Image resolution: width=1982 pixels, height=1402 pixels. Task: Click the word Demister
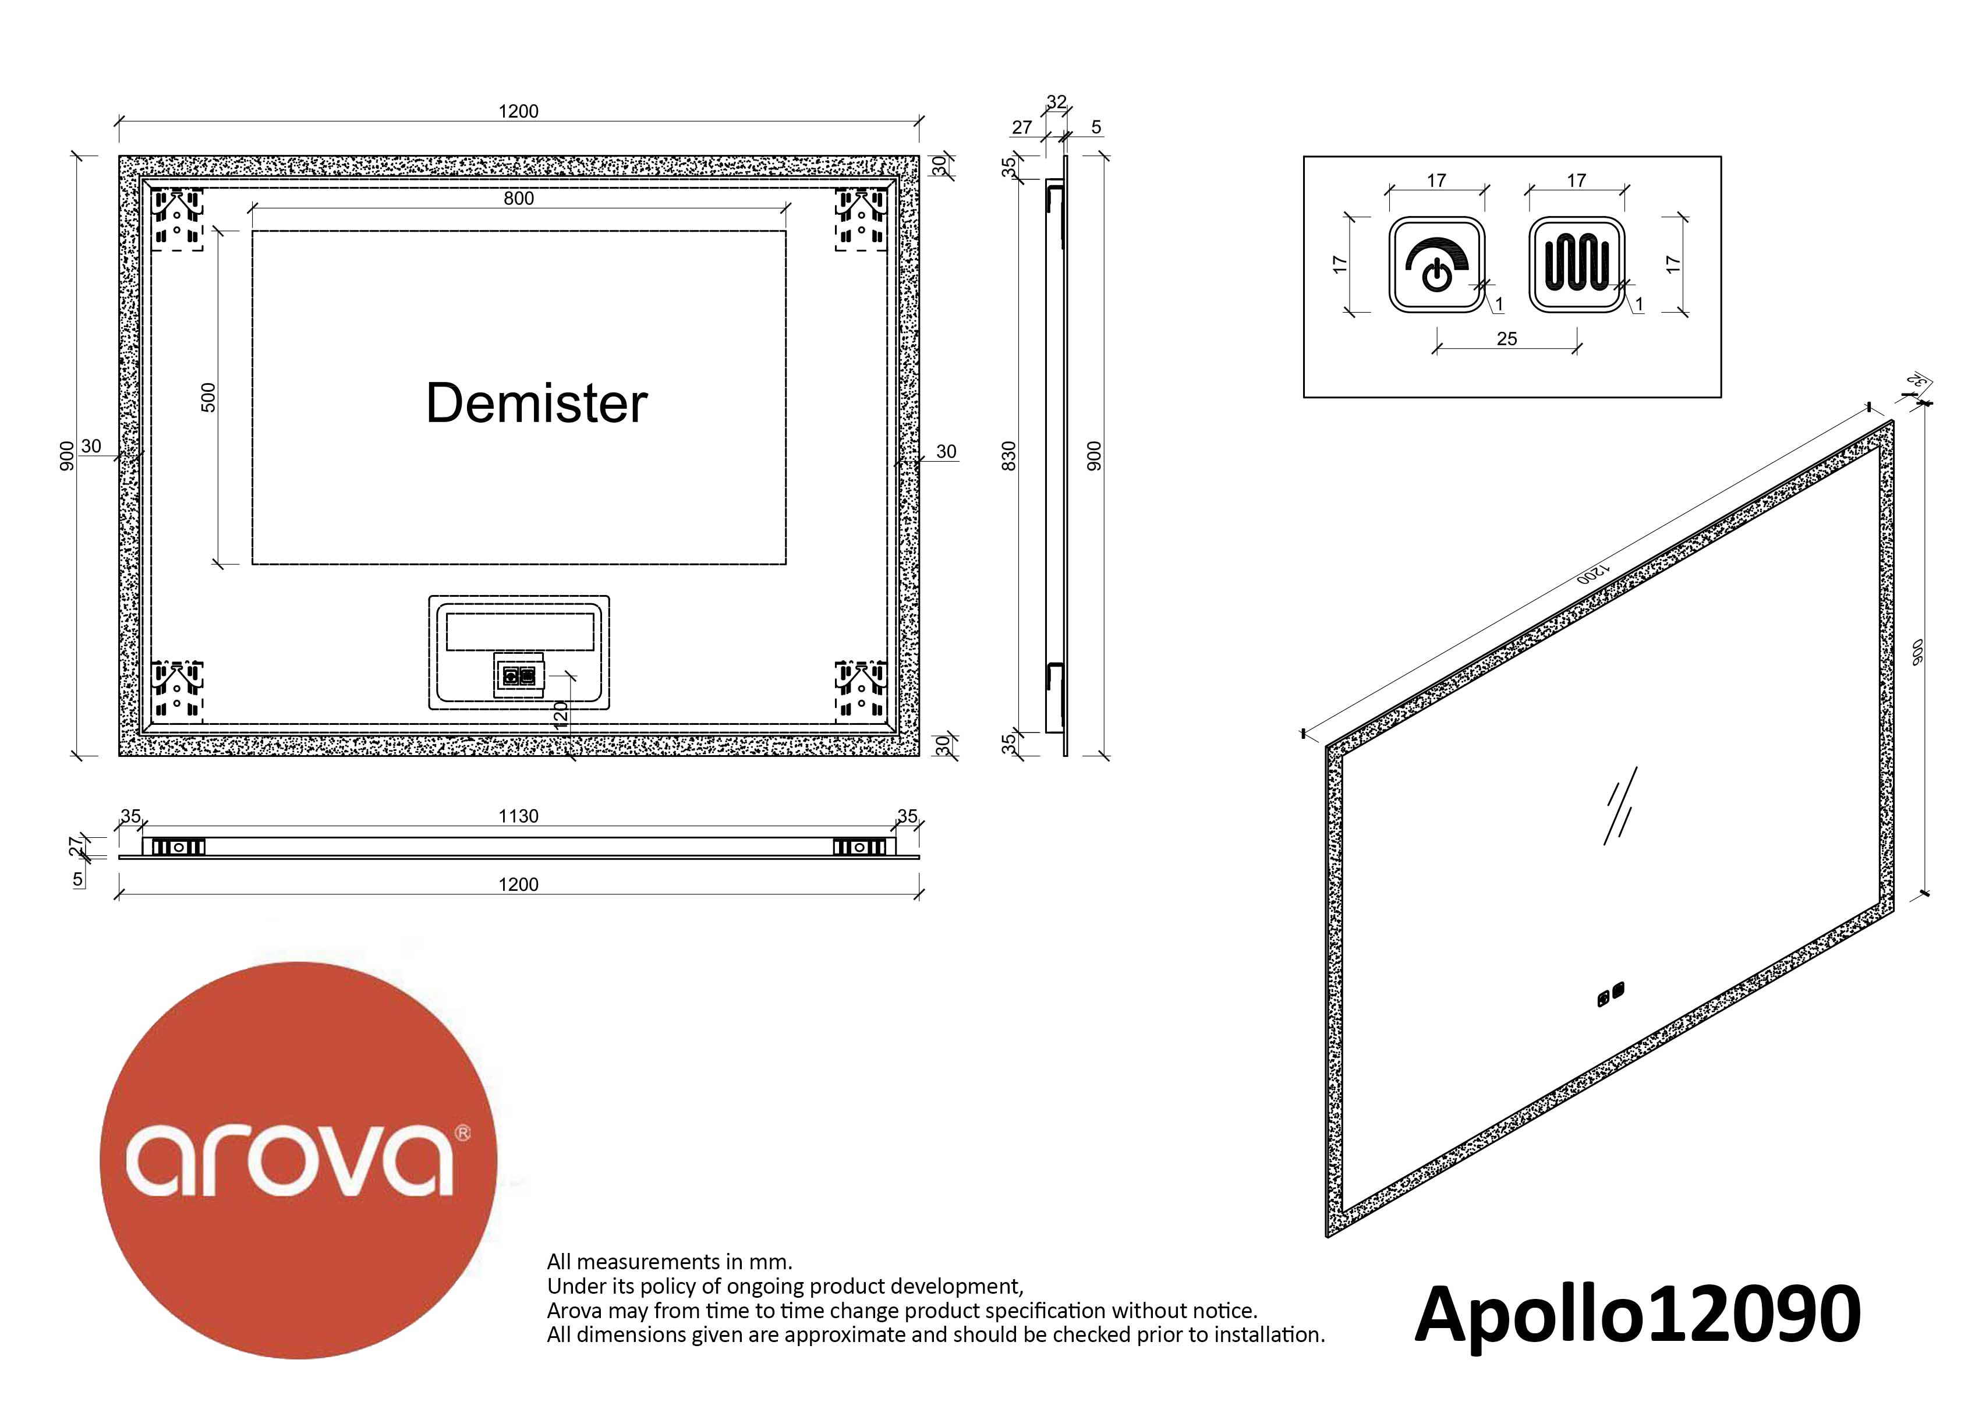click(536, 402)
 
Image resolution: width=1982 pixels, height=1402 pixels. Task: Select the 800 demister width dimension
click(519, 199)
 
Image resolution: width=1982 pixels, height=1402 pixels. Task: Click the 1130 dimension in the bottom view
click(518, 816)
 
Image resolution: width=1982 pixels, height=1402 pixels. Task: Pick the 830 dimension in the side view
click(1008, 456)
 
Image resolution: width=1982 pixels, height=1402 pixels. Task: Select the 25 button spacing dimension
click(1506, 338)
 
